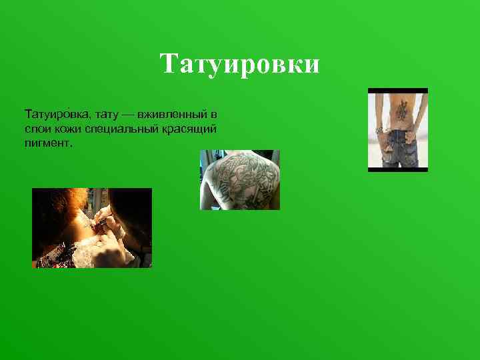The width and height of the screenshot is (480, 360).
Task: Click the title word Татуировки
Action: pos(240,65)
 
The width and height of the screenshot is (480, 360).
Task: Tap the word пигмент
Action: pos(45,142)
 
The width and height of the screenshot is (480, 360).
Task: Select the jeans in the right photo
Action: pos(399,148)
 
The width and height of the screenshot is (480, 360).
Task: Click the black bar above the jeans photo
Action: pos(398,91)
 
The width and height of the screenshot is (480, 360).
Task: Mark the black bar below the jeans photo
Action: pos(398,169)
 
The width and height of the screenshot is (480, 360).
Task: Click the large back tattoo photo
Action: pos(240,180)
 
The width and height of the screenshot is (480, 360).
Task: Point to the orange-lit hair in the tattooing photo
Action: pos(63,200)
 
